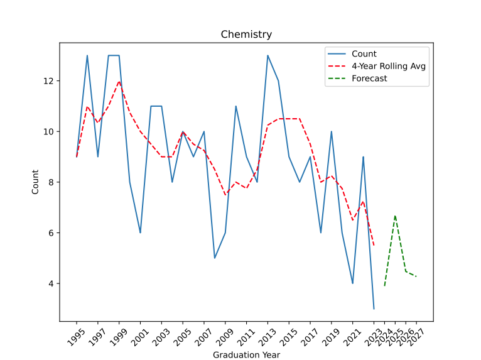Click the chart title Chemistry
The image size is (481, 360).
[246, 35]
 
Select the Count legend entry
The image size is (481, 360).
[364, 54]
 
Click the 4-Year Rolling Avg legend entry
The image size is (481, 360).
[389, 66]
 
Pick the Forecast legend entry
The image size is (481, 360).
[369, 79]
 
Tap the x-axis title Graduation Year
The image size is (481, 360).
[246, 355]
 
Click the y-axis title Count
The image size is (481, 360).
[36, 182]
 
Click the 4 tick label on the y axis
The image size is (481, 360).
[51, 283]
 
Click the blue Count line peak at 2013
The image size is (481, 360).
[268, 55]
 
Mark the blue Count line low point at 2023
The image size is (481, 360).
[374, 308]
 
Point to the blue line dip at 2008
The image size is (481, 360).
[215, 258]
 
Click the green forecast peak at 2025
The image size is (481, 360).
[395, 215]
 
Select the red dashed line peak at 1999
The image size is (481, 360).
[119, 81]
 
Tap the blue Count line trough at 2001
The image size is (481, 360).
[140, 232]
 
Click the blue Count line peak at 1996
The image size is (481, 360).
[87, 55]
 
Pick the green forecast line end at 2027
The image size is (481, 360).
[416, 276]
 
